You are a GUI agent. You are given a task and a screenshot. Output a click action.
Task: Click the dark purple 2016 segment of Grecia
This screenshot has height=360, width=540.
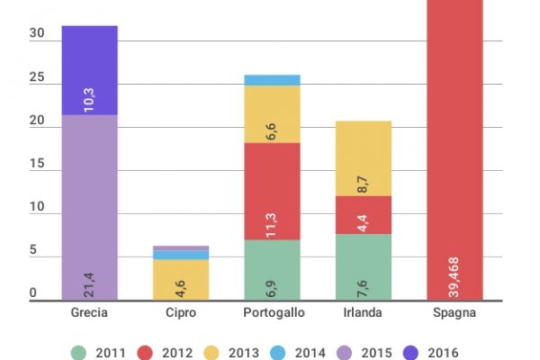coord(89,69)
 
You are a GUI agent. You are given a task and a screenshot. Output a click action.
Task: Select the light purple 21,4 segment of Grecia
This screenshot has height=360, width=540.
coord(89,206)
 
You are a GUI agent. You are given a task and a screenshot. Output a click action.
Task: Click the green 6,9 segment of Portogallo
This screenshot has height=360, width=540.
coord(272,269)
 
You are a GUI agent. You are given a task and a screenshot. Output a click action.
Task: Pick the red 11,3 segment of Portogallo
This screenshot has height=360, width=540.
coord(272,192)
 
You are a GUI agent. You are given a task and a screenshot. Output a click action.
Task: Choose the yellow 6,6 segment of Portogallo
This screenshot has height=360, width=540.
coord(272,114)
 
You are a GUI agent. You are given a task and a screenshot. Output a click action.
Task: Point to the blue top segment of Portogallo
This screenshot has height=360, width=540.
coord(272,80)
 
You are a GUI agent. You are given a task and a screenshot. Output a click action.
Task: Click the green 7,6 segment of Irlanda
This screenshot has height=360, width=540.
coord(363,266)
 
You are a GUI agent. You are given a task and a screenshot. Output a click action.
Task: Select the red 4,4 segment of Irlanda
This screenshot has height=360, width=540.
coord(363,215)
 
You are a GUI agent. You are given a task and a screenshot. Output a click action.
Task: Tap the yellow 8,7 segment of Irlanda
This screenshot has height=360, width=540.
coord(363,158)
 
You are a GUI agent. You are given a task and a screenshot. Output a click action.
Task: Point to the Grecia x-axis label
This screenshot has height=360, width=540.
coord(89,312)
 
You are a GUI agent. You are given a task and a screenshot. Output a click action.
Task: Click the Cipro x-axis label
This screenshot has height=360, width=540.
coord(180,312)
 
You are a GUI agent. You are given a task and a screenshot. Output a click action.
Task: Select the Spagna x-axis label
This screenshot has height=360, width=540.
coord(454,312)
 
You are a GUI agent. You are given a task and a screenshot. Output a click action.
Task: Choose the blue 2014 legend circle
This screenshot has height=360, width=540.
coord(300,350)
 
